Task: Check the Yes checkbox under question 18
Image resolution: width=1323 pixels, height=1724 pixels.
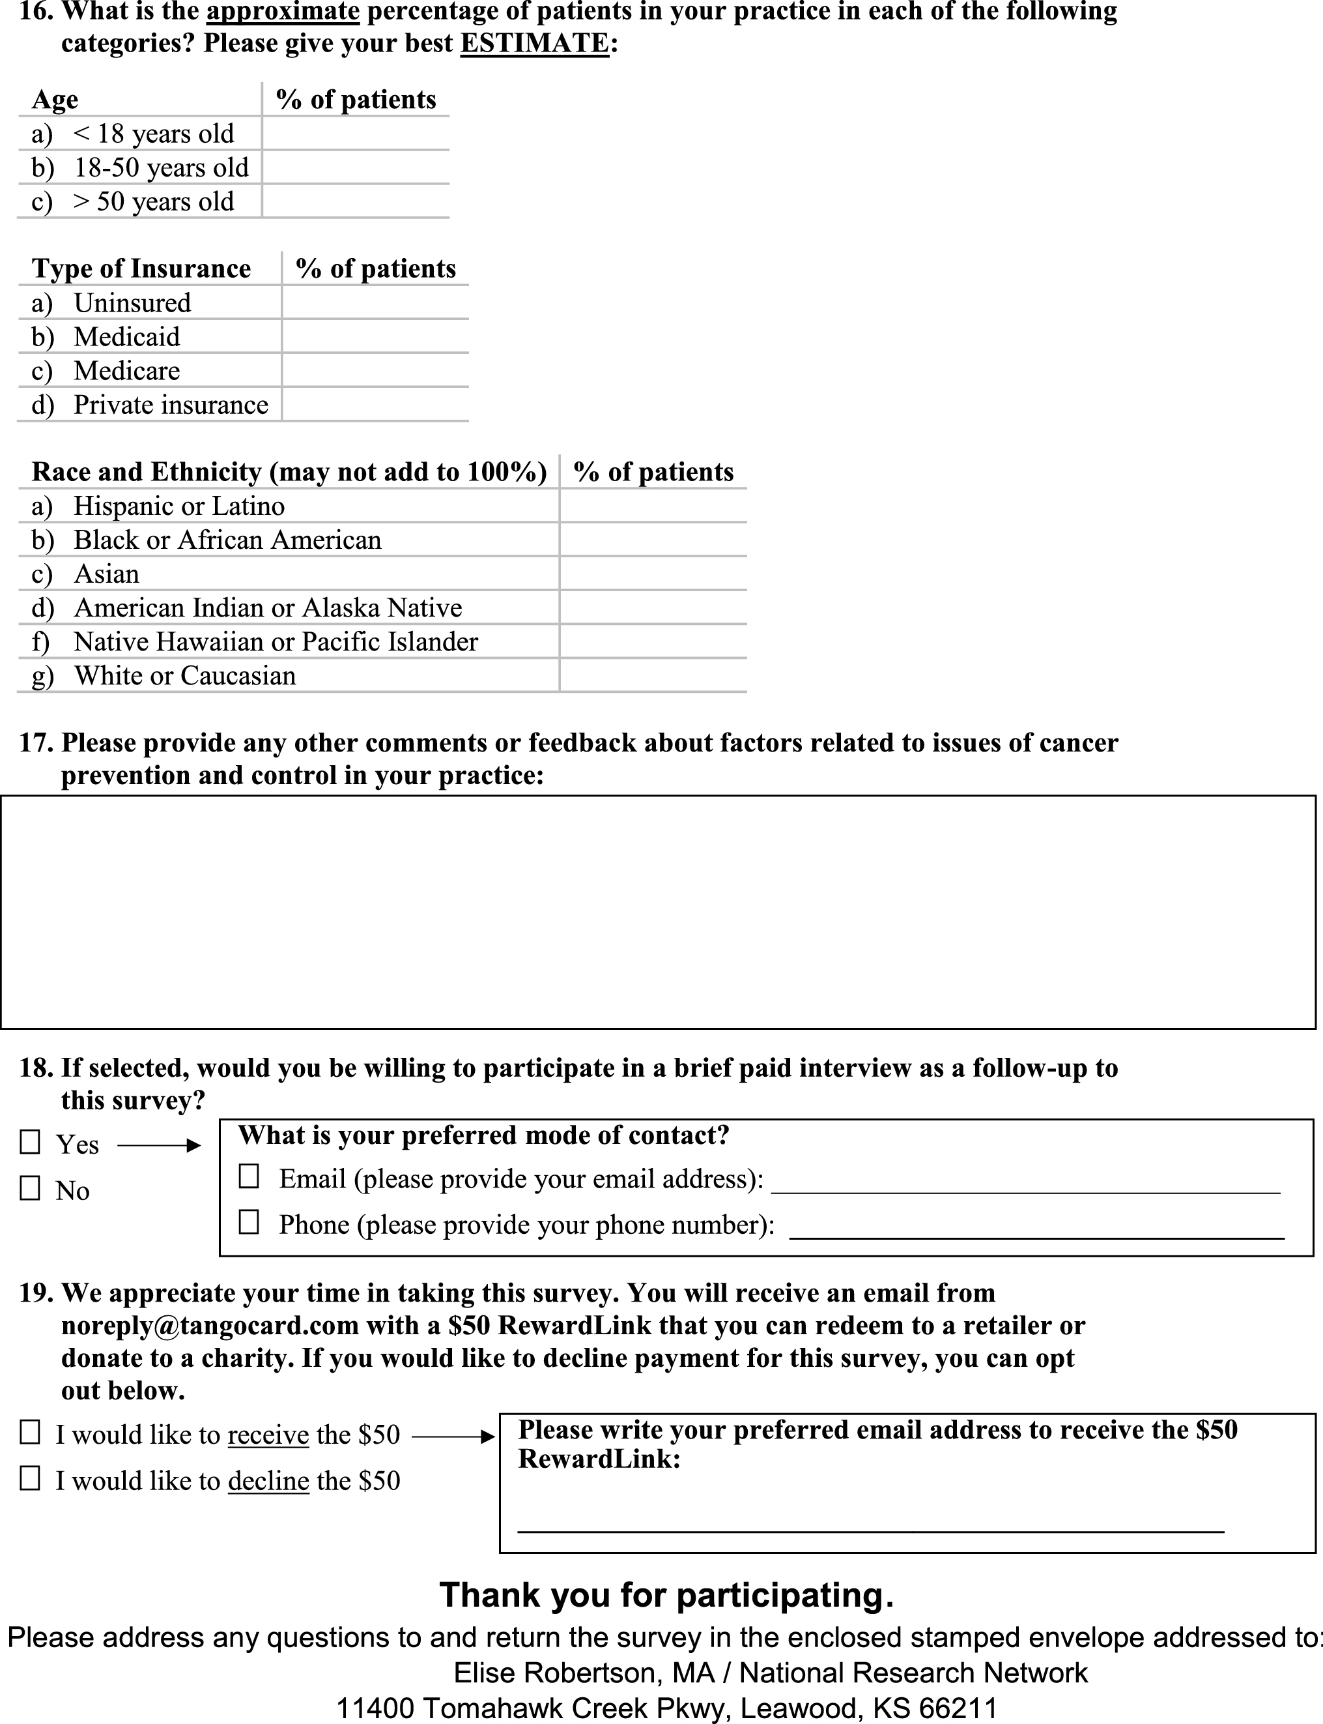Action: click(x=30, y=1143)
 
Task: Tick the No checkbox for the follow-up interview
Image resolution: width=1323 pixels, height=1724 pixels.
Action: click(x=30, y=1188)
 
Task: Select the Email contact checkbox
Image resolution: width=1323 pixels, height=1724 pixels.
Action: click(x=249, y=1176)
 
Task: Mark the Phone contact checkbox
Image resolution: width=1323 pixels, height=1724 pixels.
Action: click(x=249, y=1222)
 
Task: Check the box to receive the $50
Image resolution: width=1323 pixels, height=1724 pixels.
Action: click(x=30, y=1433)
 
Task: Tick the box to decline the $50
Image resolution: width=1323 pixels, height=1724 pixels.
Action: click(x=30, y=1478)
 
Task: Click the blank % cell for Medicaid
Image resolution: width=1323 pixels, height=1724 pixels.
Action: click(x=375, y=336)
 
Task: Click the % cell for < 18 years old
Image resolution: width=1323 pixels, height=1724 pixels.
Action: click(x=355, y=133)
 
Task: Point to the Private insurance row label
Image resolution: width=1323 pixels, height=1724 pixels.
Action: click(x=170, y=404)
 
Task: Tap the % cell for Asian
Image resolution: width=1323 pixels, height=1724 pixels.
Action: click(x=653, y=574)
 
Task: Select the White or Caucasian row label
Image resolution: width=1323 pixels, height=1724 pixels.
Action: click(x=184, y=675)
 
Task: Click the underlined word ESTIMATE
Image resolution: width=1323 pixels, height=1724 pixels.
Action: click(x=534, y=43)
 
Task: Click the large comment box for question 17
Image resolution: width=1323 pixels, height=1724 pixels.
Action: click(x=657, y=912)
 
